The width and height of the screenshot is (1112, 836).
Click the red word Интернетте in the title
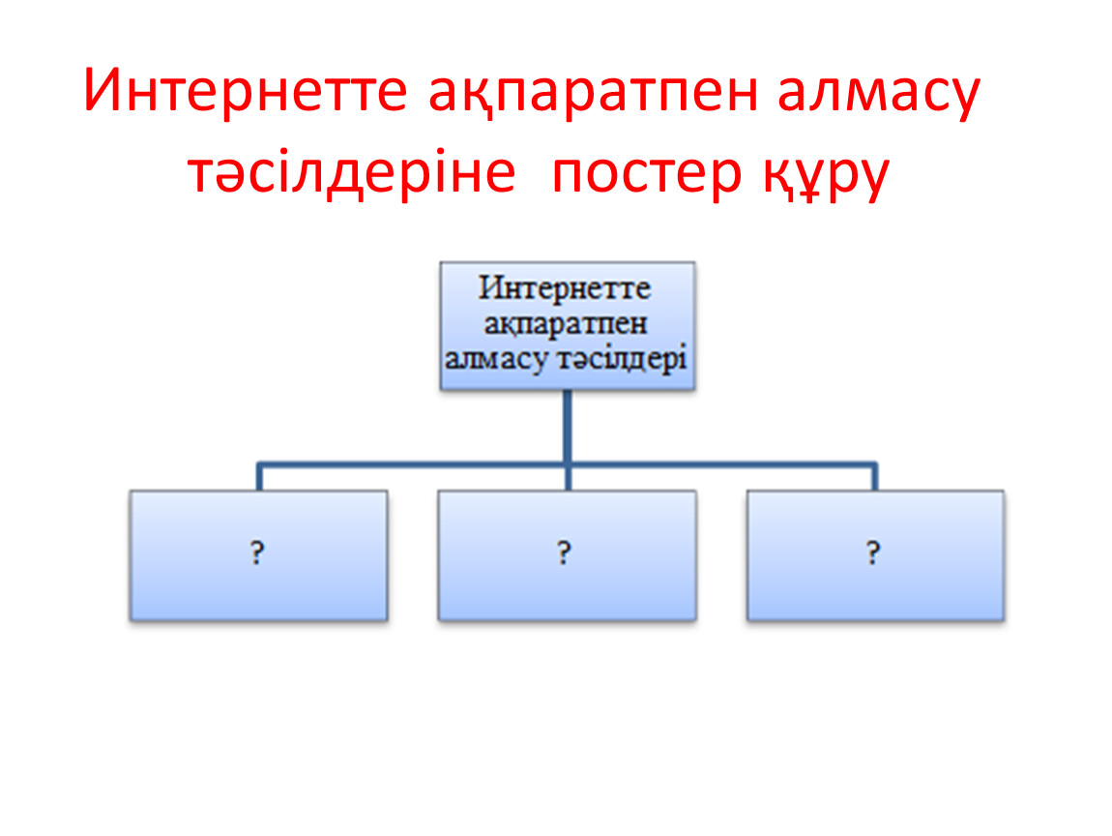[x=246, y=90]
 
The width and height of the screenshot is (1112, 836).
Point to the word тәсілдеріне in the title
[x=352, y=171]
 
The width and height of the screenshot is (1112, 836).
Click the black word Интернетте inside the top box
[x=565, y=288]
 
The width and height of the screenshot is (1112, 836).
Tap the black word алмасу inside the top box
[x=496, y=358]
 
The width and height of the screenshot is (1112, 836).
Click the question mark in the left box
[x=257, y=552]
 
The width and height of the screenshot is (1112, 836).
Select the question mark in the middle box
[x=564, y=552]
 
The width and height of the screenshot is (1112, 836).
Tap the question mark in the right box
[x=873, y=552]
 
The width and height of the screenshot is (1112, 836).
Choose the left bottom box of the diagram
[x=259, y=555]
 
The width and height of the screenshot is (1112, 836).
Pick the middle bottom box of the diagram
[x=568, y=555]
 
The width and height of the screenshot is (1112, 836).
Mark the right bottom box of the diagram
[x=876, y=555]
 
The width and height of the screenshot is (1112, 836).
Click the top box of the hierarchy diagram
[x=568, y=326]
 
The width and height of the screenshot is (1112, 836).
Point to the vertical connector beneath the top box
[x=568, y=440]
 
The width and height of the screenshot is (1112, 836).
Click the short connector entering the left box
[x=259, y=477]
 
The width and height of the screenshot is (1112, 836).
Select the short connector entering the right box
[x=875, y=477]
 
